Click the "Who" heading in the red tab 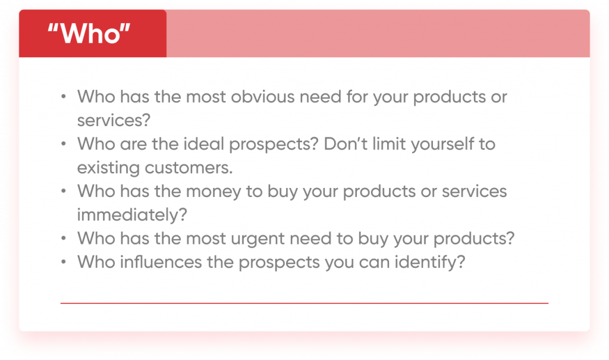[x=89, y=33]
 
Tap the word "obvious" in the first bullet [x=263, y=96]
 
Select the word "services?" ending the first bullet [x=114, y=121]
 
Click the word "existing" [x=108, y=168]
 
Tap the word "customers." [x=189, y=168]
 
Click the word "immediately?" [x=132, y=215]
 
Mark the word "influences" [x=161, y=262]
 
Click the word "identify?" [x=430, y=262]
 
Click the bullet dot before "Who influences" [x=63, y=262]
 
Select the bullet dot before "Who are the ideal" [x=63, y=144]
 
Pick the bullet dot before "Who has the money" [x=63, y=191]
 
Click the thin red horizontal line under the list [x=304, y=303]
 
